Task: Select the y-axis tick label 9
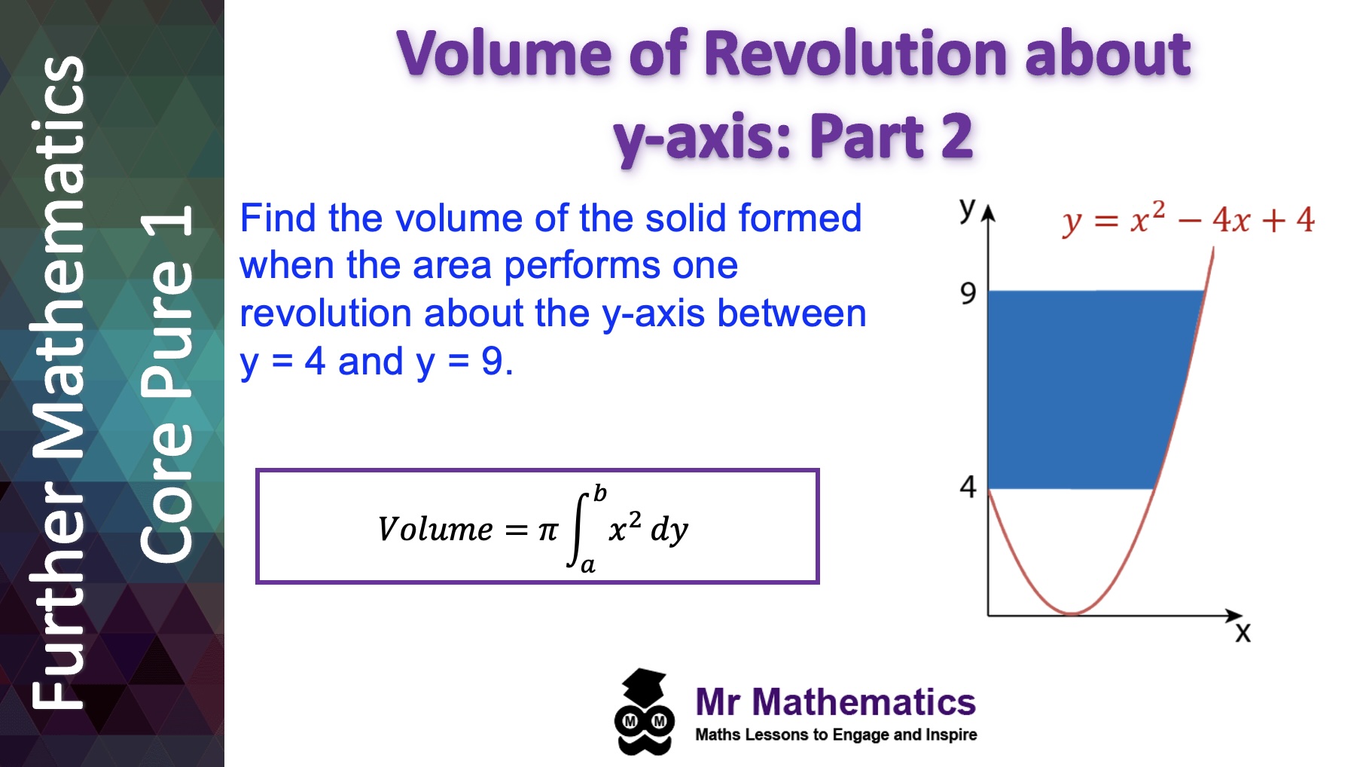pos(968,293)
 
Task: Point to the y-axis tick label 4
pos(968,487)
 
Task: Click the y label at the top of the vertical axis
pos(967,208)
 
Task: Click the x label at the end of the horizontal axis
pos(1243,633)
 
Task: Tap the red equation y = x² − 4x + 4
pos(1188,220)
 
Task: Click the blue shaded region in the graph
pos(1084,388)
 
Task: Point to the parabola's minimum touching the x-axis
pos(1072,613)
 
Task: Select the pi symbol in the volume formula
pos(547,530)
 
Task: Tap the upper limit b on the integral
pos(599,494)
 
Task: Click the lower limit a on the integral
pos(588,564)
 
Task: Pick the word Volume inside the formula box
pos(435,529)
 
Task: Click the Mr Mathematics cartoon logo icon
pos(643,712)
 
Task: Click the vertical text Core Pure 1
pos(167,384)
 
